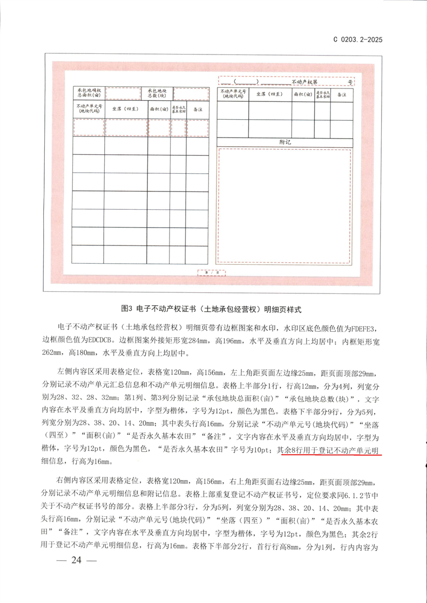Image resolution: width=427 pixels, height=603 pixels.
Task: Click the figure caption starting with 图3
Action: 211,309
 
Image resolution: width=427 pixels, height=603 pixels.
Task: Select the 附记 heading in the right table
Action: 286,141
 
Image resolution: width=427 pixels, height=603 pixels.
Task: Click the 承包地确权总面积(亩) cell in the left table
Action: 89,92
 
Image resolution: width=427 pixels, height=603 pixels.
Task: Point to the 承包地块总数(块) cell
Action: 157,92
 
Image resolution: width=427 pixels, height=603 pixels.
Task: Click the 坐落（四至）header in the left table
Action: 126,109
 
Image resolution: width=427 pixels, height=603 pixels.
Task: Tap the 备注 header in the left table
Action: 197,109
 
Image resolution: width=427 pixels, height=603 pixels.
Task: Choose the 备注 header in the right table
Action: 341,94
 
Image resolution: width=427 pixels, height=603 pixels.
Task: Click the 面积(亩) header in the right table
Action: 303,94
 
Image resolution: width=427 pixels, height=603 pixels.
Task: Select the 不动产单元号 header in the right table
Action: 233,94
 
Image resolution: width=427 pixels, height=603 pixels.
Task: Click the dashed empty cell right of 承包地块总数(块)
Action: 191,92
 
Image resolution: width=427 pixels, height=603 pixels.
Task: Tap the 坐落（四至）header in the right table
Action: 270,94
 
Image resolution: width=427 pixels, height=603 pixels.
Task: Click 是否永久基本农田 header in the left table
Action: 179,109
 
